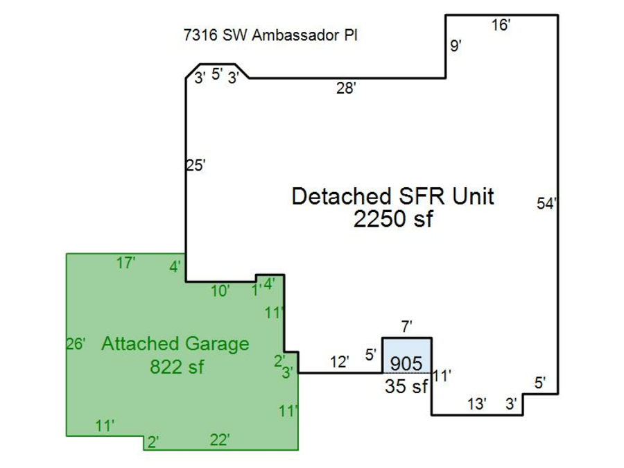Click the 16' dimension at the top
501,26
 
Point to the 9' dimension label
456,46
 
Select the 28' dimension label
346,88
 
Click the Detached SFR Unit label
392,196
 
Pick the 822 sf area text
177,366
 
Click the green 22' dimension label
220,439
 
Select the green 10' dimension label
220,291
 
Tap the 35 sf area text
406,387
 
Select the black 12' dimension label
339,361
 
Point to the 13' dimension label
476,404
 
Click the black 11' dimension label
442,376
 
